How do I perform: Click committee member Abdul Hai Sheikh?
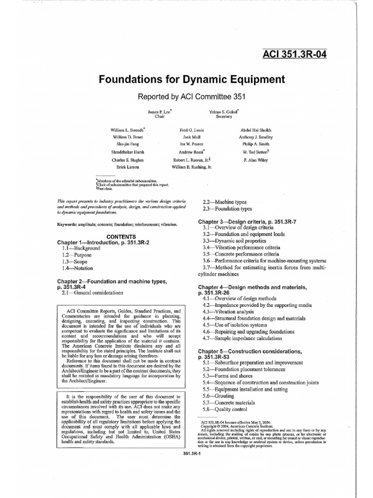(256, 130)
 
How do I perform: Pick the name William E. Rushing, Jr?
(192, 166)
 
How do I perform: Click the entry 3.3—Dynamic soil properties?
(234, 241)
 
